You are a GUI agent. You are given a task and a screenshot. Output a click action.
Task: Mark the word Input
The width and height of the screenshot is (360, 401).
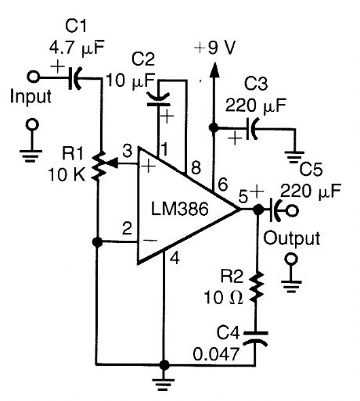(x=31, y=98)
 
